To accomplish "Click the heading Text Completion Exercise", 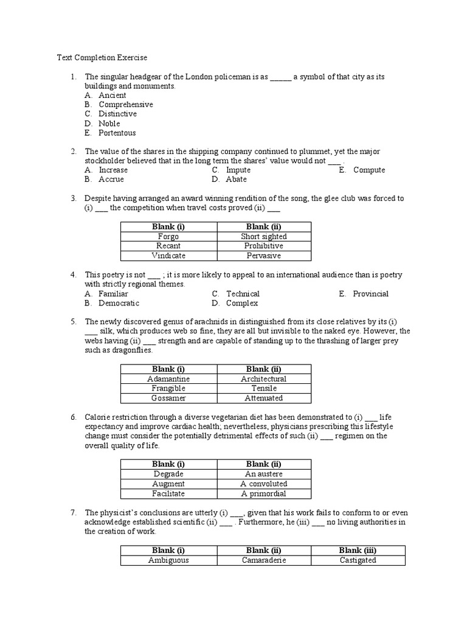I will [x=102, y=58].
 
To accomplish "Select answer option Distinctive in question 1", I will [x=117, y=114].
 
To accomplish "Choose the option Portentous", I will [x=117, y=133].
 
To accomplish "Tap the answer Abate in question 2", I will [x=236, y=179].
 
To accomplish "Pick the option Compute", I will [x=368, y=170].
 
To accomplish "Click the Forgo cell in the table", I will [x=168, y=237].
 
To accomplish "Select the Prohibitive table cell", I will [x=263, y=246].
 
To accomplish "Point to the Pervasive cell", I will [x=263, y=256].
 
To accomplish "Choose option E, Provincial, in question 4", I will [x=370, y=293].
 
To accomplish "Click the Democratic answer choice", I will [x=119, y=303].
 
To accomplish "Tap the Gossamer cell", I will [x=168, y=398].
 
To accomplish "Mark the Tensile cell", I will [x=263, y=388].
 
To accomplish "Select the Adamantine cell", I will [x=168, y=378].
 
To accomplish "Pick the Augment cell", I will [x=168, y=484].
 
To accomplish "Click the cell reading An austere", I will [x=263, y=474].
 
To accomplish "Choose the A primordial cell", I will [x=263, y=493].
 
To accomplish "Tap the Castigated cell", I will [x=358, y=560].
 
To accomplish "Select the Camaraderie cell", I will [x=263, y=560].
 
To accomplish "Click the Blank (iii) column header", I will [x=358, y=551].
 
